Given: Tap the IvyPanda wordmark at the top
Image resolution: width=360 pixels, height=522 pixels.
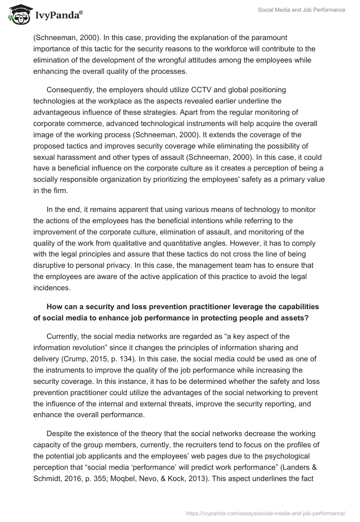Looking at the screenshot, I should (58, 16).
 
